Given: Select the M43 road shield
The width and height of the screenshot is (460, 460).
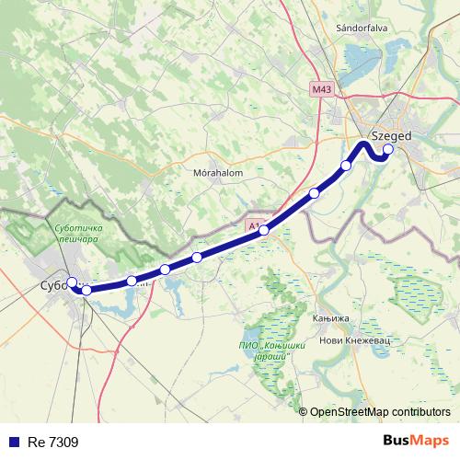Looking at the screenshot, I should [x=320, y=89].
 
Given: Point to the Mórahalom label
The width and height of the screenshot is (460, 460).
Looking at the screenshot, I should [x=218, y=172].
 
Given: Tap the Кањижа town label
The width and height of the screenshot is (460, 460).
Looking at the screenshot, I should [x=331, y=319].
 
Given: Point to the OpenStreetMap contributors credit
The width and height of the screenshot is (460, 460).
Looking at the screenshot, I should [x=380, y=411].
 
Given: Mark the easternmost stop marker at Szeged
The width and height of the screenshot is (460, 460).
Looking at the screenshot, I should [x=388, y=149].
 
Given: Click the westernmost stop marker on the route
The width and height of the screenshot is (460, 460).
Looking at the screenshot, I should [x=72, y=282].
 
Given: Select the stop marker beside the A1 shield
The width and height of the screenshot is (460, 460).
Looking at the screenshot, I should [x=264, y=230].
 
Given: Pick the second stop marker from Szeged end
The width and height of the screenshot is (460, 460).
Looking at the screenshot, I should [x=347, y=166].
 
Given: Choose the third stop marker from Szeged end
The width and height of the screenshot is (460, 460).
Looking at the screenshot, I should [x=315, y=193].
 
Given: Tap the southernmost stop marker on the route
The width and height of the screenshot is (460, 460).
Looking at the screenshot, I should [x=86, y=290].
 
